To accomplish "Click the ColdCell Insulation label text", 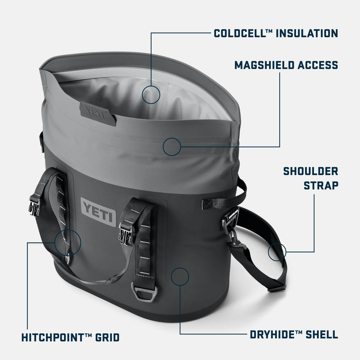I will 276,33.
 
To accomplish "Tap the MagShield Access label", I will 286,65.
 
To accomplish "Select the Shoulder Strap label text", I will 310,178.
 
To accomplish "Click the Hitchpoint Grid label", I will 70,338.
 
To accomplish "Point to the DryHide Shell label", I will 294,334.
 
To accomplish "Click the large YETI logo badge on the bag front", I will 98,212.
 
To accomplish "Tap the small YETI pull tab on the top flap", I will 98,113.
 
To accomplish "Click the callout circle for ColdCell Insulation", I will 151,95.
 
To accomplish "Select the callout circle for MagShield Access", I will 172,147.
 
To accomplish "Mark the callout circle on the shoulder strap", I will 277,251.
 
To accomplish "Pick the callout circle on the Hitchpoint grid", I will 68,242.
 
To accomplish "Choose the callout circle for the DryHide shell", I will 180,276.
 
